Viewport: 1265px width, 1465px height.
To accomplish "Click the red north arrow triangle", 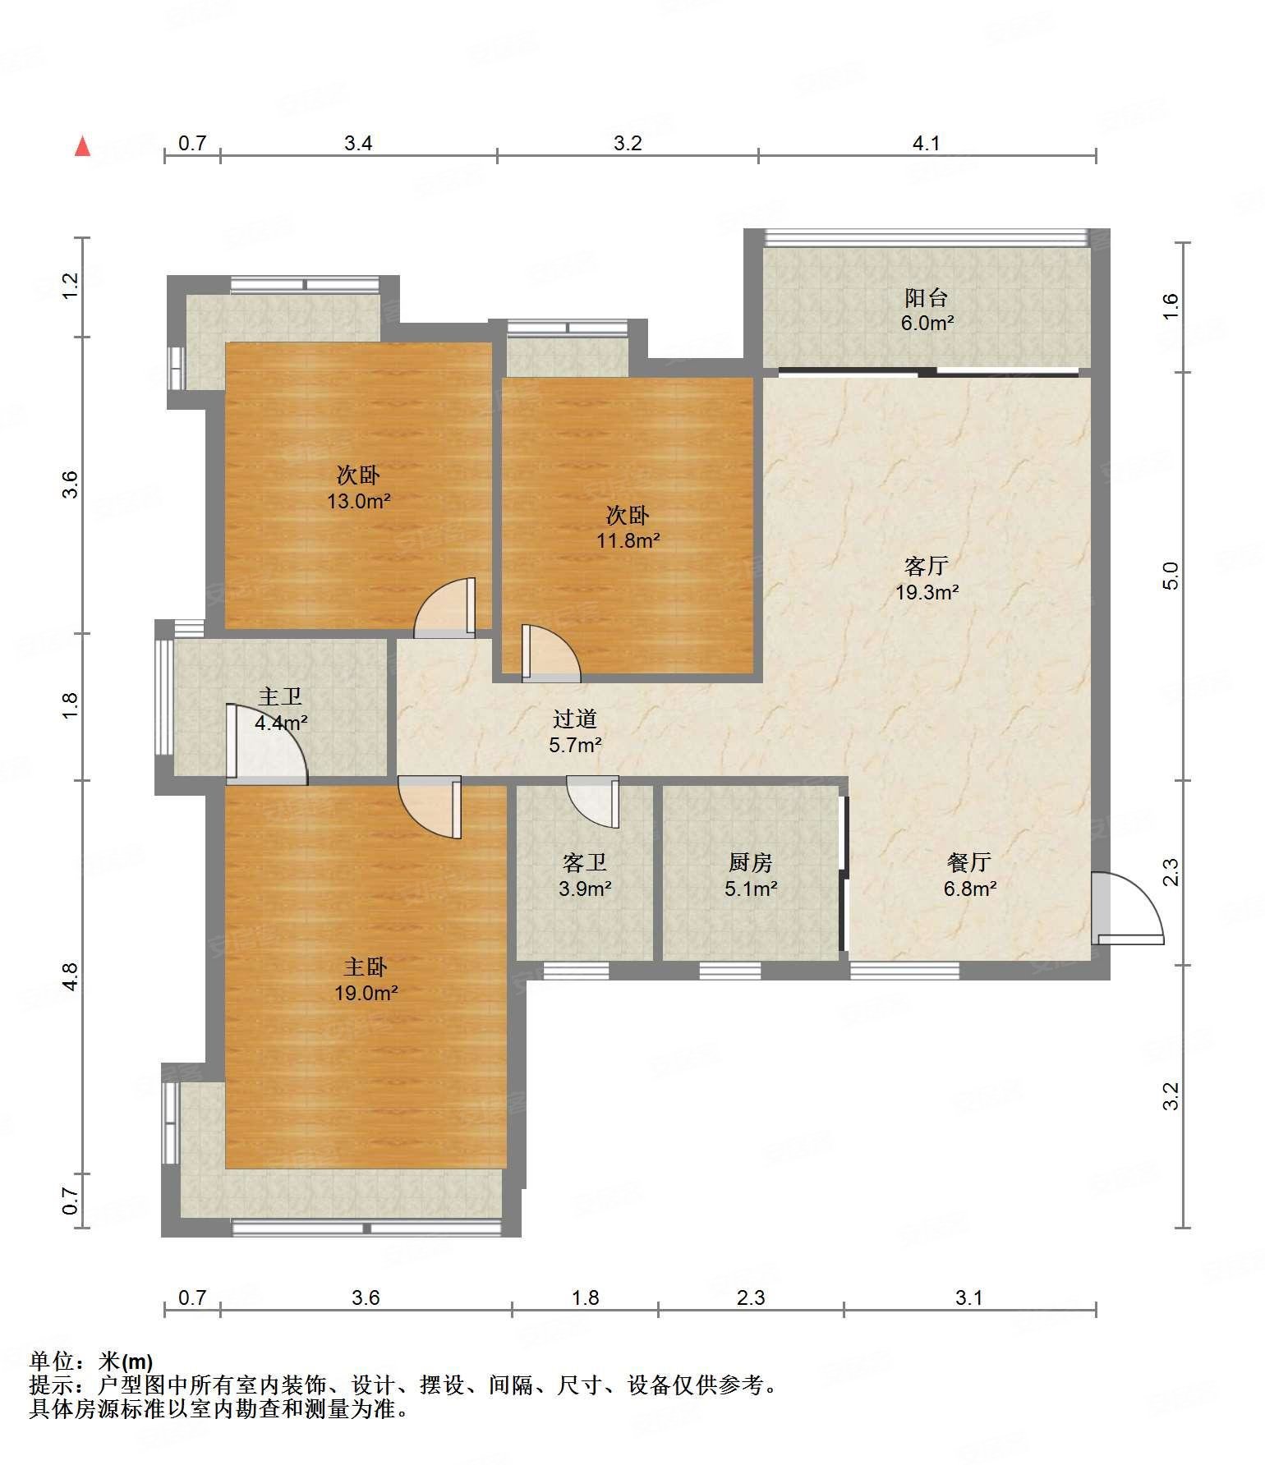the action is click(x=82, y=146).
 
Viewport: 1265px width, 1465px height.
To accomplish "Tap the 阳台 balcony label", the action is click(x=927, y=297).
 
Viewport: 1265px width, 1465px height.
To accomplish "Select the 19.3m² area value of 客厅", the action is click(x=927, y=592).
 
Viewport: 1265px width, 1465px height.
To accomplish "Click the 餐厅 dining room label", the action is click(x=969, y=862).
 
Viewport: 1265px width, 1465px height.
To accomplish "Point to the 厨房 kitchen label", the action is click(x=751, y=862).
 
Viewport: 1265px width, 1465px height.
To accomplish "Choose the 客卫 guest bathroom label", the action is click(x=585, y=862).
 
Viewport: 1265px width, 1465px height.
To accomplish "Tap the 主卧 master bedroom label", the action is click(x=366, y=967).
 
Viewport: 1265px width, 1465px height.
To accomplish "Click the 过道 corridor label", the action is click(x=575, y=719).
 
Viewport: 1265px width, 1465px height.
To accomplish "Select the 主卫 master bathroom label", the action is click(x=281, y=697).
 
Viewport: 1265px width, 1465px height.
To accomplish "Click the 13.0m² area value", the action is click(x=359, y=501).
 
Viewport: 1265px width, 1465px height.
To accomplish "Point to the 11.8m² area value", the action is click(x=628, y=540).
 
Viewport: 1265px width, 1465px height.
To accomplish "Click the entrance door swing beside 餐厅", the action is click(x=1128, y=907).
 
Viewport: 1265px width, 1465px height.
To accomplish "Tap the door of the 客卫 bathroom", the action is click(x=592, y=801).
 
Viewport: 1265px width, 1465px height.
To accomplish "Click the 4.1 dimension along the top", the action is click(x=927, y=144).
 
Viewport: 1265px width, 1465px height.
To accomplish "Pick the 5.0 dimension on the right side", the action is click(x=1171, y=575).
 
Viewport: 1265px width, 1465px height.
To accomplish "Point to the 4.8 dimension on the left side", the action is click(x=70, y=976).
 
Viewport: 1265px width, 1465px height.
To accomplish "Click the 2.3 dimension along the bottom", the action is click(x=751, y=1297).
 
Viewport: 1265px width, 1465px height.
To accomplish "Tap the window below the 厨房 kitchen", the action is click(x=730, y=971).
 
